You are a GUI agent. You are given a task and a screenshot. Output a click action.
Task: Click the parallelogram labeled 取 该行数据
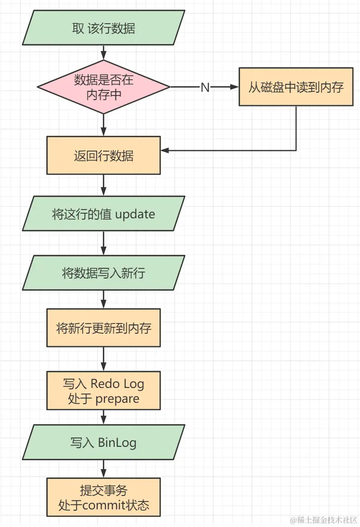103,28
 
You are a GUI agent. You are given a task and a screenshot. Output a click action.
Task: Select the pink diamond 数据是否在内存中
103,87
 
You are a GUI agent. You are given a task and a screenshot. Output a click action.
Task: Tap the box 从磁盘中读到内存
296,87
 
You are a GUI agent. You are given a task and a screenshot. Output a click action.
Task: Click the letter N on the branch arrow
205,87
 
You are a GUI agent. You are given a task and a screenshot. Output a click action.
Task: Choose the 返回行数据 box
103,155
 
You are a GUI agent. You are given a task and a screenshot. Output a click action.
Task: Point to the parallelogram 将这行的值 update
103,214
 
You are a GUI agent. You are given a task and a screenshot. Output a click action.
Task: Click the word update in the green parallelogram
135,215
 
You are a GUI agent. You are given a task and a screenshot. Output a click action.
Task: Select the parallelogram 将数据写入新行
103,273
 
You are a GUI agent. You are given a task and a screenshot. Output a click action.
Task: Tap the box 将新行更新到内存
103,328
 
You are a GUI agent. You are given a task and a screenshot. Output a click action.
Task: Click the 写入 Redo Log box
103,390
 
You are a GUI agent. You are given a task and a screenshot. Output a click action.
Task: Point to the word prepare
117,399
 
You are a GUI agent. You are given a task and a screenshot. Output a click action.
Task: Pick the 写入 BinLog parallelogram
103,443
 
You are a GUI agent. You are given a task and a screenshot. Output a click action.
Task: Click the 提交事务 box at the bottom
103,497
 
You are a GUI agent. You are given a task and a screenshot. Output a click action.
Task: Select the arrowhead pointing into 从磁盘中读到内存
234,87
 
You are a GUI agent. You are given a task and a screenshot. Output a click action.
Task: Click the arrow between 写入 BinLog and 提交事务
103,469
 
